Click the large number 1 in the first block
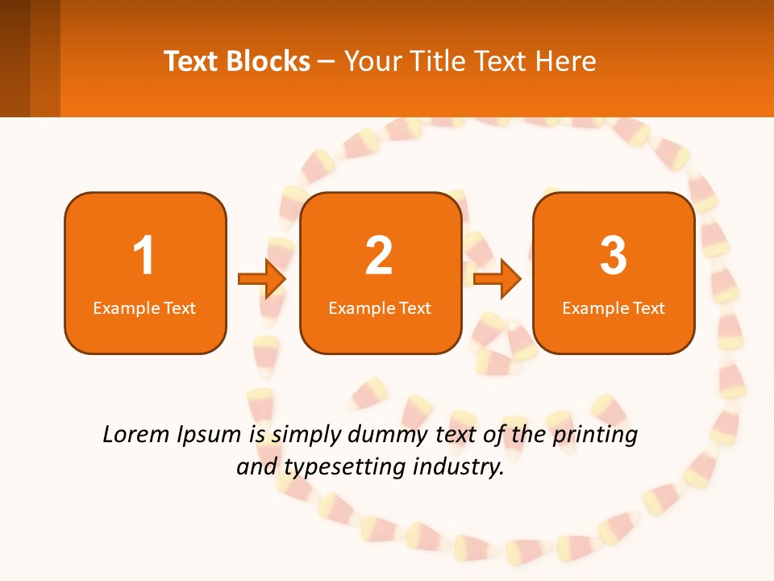coord(144,256)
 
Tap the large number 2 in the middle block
coord(379,256)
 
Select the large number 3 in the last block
coord(614,256)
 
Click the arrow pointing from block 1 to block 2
coord(262,278)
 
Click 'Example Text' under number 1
coord(144,308)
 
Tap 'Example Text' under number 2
coord(380,308)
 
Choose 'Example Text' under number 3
coord(614,308)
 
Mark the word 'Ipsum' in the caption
coord(210,435)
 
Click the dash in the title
coord(327,62)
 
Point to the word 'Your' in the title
coord(371,61)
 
